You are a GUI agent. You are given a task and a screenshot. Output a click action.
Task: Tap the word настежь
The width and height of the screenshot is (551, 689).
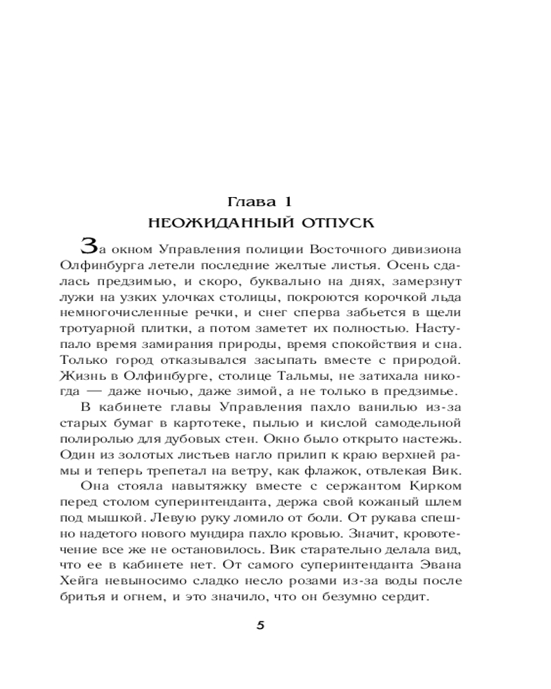431,440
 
